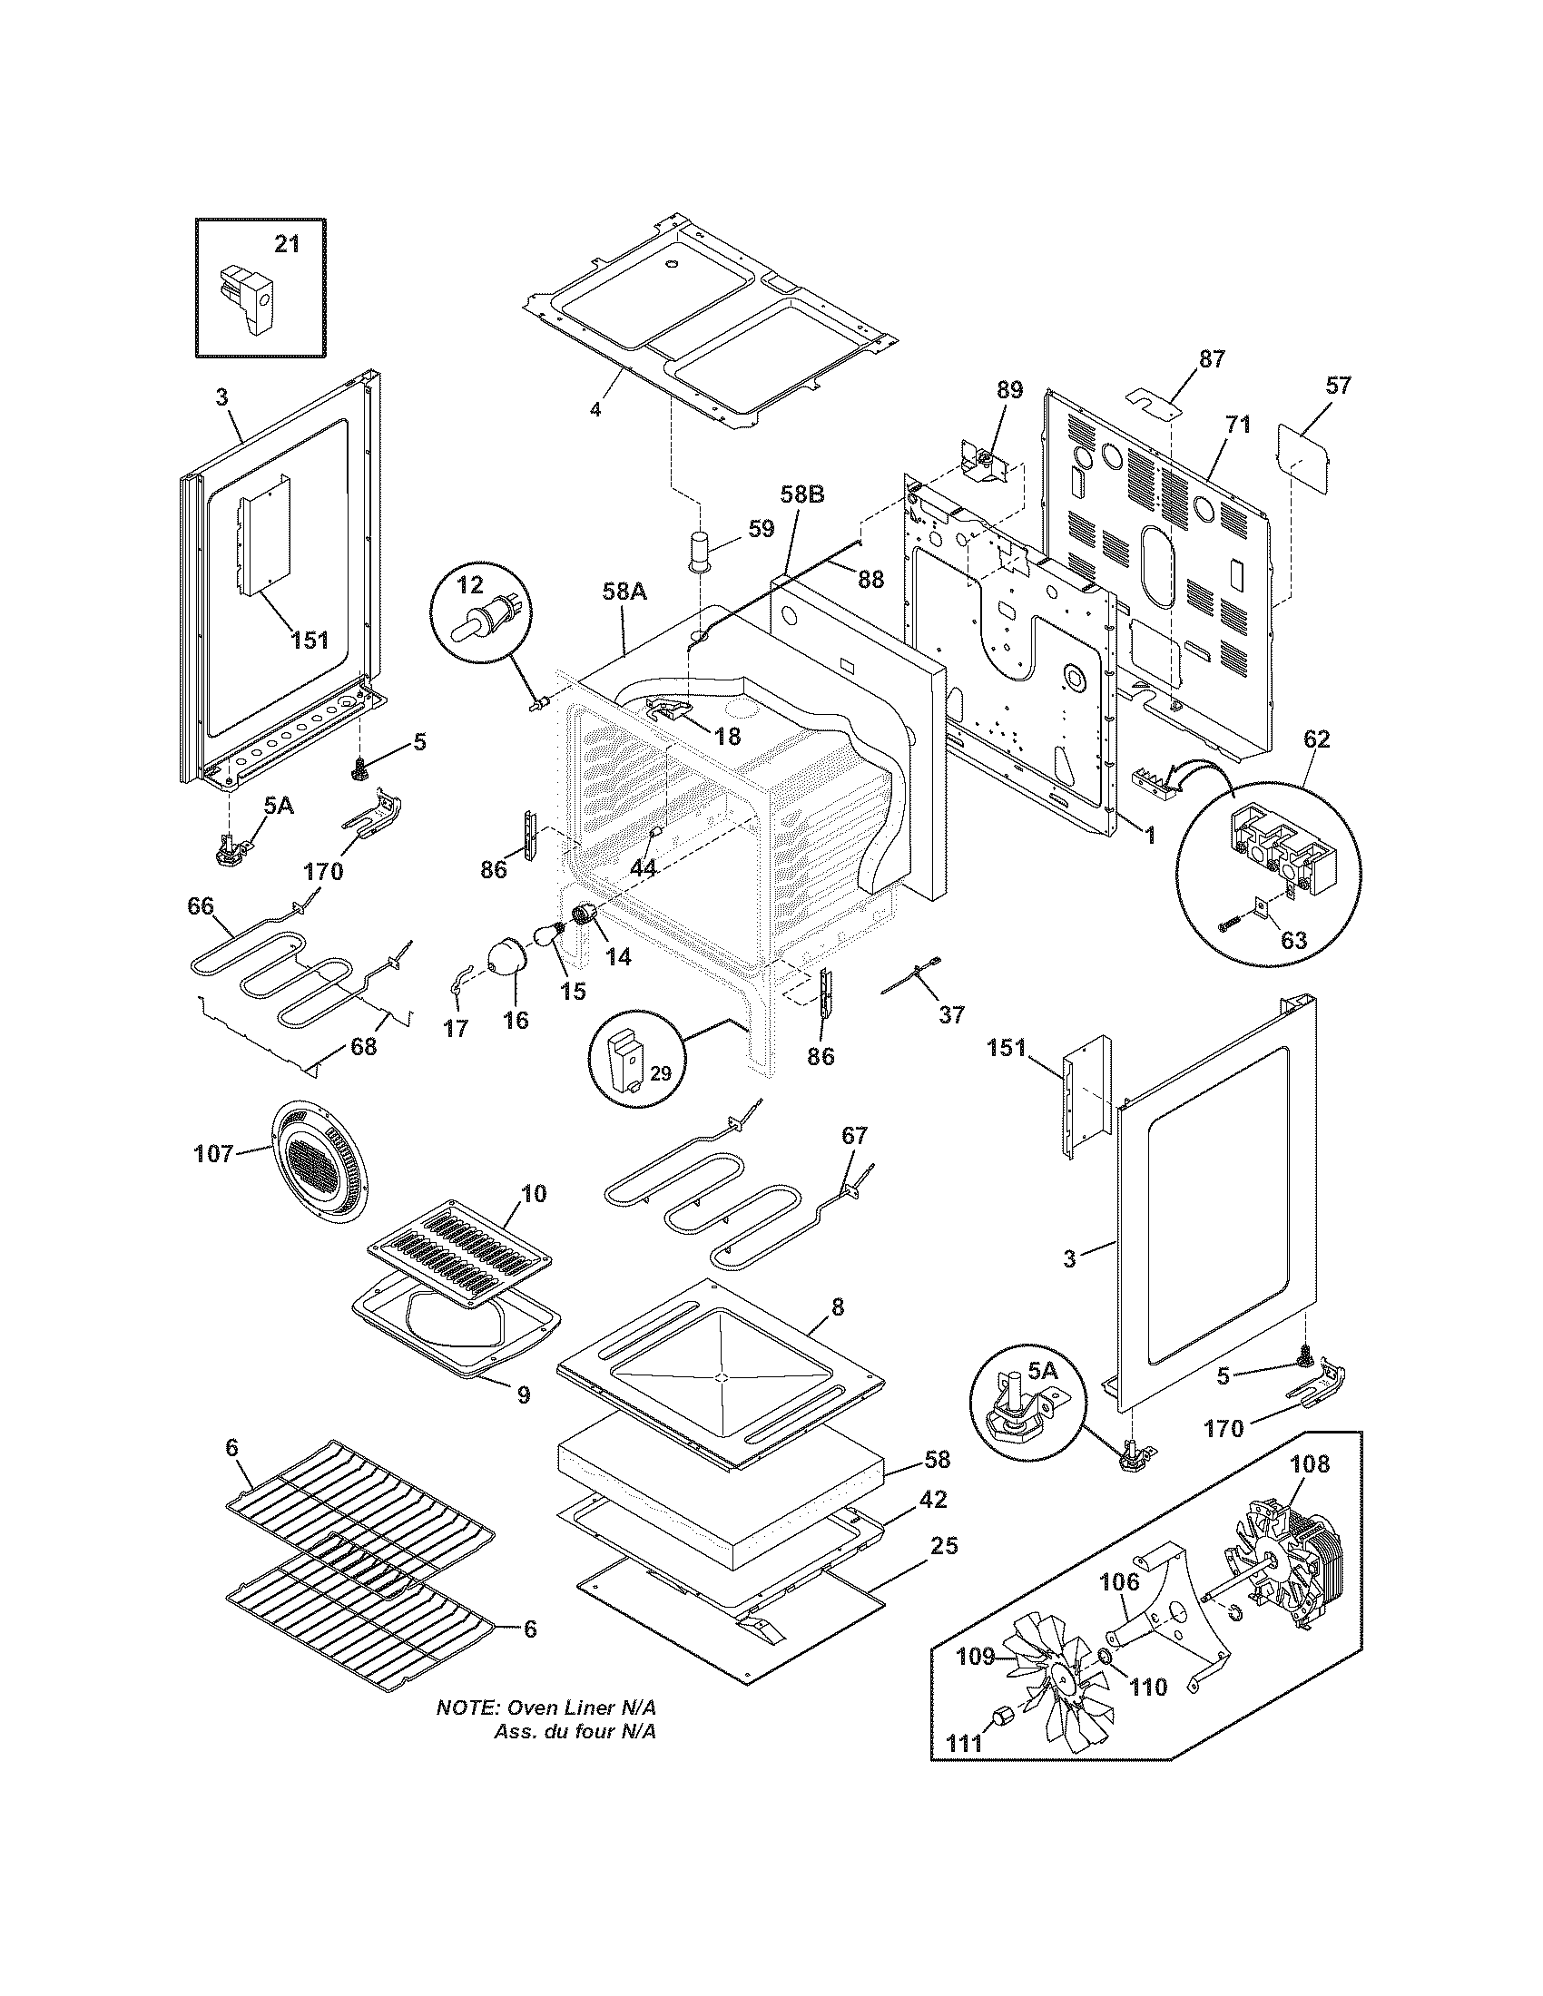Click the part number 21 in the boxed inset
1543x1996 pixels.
[287, 245]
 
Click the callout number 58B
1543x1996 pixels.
[801, 494]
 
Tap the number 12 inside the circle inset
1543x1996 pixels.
[469, 584]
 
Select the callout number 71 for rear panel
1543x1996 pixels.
[1238, 425]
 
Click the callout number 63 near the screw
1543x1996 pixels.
[1293, 940]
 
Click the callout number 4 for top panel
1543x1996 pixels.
[595, 410]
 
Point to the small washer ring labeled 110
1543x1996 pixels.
[1105, 1657]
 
